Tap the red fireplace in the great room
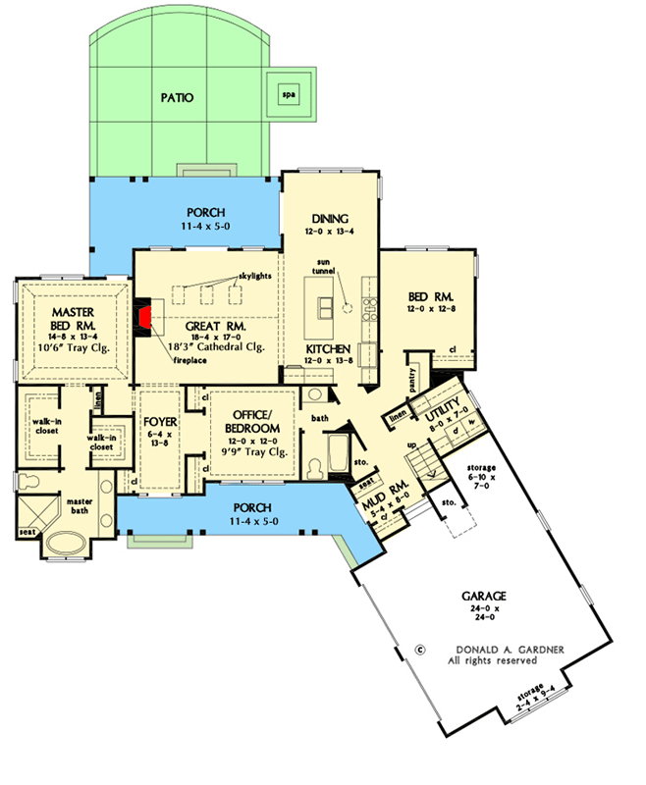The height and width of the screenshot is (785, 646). pos(145,318)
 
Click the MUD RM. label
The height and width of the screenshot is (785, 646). pos(376,487)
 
